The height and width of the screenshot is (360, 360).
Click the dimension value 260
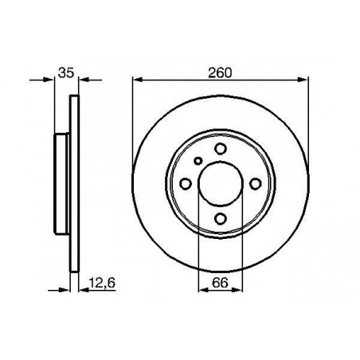220,72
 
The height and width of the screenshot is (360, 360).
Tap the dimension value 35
66,72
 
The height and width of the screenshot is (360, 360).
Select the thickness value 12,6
102,283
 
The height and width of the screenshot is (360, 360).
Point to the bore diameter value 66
220,283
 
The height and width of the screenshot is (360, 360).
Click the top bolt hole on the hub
221,149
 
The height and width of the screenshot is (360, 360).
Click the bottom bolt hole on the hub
221,219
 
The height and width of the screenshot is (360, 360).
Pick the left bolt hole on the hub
186,184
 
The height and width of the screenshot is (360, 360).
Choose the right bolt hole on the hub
256,184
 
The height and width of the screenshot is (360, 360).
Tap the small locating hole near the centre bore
198,161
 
